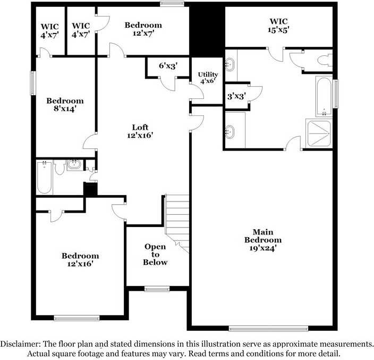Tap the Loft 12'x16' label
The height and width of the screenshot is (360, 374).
click(x=140, y=131)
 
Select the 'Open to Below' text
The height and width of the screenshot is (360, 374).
click(x=156, y=254)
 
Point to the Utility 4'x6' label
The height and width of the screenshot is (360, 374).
click(x=208, y=78)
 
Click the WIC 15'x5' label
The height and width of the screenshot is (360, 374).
click(x=278, y=25)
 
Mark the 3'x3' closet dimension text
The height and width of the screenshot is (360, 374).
click(x=236, y=96)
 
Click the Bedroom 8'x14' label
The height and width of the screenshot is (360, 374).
click(x=65, y=105)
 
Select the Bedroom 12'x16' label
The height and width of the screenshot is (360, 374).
click(x=80, y=259)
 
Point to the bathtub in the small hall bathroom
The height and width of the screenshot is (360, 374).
click(x=44, y=178)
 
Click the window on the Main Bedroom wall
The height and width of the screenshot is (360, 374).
click(x=268, y=329)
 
